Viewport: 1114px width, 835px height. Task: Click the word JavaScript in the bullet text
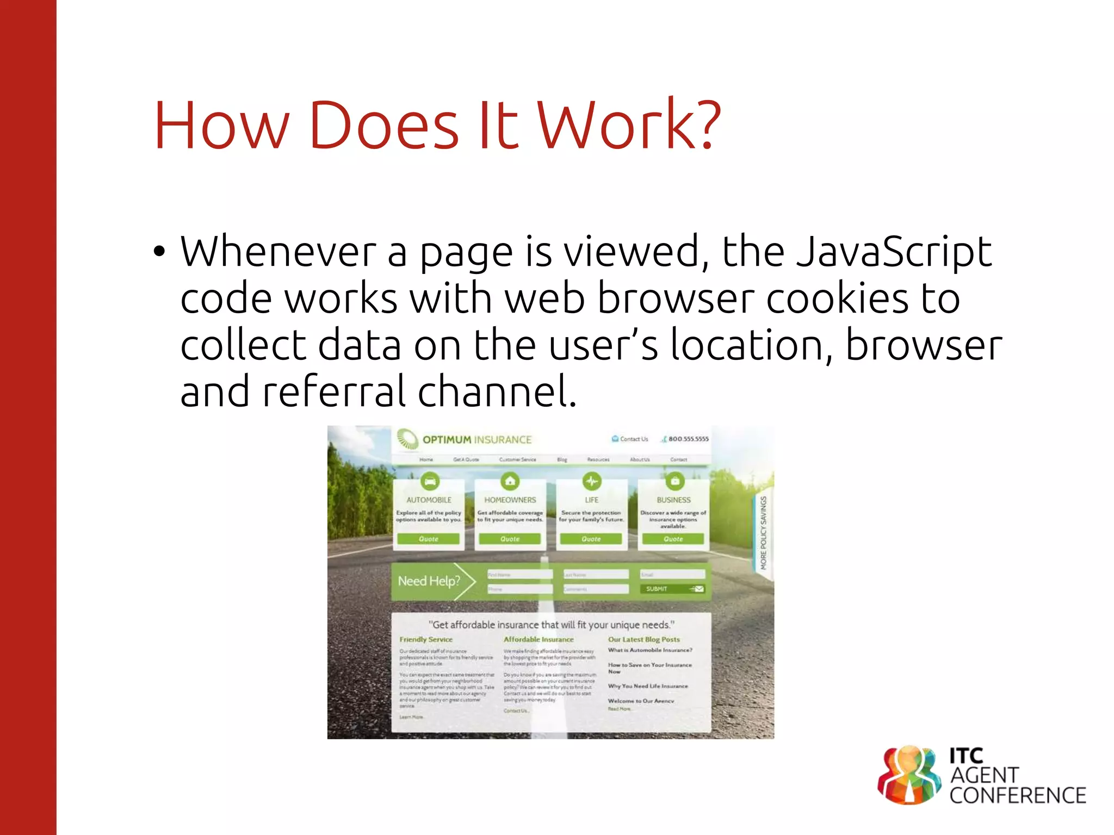click(894, 252)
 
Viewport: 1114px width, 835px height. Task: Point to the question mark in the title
click(707, 124)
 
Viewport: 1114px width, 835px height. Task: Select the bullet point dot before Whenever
click(158, 252)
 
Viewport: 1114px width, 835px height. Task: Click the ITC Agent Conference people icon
click(909, 775)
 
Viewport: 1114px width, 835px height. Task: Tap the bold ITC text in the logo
click(966, 756)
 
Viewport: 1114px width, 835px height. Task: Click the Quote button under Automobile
click(429, 539)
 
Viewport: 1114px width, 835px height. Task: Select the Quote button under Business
click(673, 539)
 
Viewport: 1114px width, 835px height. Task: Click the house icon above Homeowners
click(510, 481)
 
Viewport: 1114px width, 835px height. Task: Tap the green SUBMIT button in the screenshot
click(673, 589)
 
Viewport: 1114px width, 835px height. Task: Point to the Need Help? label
click(429, 581)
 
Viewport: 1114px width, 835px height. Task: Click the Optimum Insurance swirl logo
click(407, 439)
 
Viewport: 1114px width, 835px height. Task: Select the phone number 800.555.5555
click(688, 439)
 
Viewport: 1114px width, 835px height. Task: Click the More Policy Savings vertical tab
click(763, 533)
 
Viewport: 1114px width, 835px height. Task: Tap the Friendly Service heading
click(426, 639)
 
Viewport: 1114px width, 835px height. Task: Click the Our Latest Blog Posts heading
click(643, 639)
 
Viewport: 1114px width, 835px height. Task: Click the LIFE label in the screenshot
click(591, 500)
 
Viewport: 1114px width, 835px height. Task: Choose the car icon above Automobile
click(430, 481)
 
